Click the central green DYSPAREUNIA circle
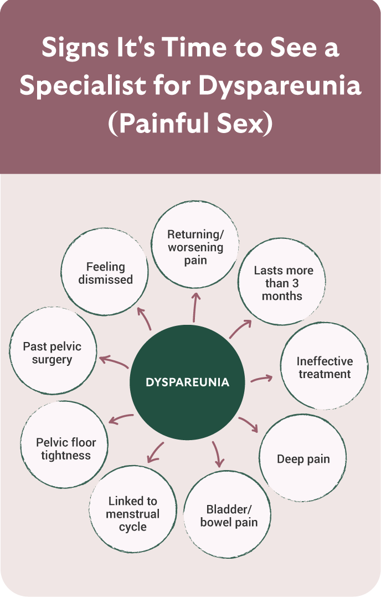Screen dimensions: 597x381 tap(187, 382)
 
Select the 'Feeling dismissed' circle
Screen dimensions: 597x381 tap(106, 273)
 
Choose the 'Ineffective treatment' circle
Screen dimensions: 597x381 tap(325, 367)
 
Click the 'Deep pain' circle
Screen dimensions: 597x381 tap(303, 459)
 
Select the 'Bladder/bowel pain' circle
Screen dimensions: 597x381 tap(229, 515)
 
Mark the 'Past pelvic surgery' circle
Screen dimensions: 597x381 tap(53, 353)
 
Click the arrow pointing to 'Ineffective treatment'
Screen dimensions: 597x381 tap(261, 379)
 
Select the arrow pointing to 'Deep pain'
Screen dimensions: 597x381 tap(249, 424)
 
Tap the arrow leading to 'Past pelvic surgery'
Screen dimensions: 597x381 tap(114, 362)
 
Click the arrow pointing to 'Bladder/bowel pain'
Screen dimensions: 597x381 tap(218, 454)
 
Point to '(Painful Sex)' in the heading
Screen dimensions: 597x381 tap(190, 123)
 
